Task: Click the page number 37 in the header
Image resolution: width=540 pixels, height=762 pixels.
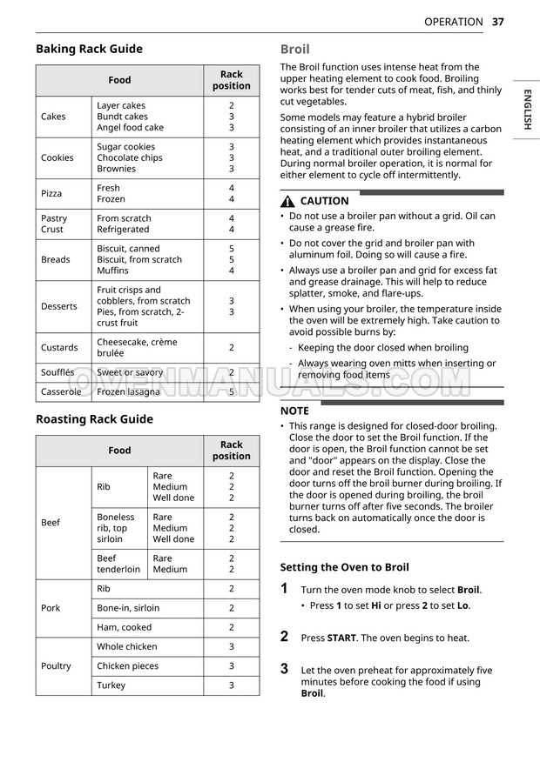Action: point(497,22)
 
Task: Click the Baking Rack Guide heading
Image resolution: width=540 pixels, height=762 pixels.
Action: point(89,49)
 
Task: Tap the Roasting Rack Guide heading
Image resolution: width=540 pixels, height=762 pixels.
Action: point(94,419)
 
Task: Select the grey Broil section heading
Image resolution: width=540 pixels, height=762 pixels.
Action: point(294,50)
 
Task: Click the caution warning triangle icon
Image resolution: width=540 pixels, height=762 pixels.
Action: point(288,201)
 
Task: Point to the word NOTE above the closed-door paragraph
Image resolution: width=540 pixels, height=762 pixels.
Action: point(294,411)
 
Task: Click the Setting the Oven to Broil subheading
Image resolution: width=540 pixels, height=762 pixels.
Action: point(344,567)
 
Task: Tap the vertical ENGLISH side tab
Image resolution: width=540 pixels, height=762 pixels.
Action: point(526,109)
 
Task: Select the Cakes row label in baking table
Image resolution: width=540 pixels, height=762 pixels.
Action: point(53,117)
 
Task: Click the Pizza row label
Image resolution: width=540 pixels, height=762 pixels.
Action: point(51,193)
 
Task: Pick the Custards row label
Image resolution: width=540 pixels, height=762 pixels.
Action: point(59,348)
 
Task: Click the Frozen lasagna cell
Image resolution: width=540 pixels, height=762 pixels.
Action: point(129,392)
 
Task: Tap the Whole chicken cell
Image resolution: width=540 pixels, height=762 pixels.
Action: point(127,647)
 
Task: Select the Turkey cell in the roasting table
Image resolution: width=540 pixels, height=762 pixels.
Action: point(111,685)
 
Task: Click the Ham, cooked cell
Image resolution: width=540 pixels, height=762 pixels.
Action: point(124,627)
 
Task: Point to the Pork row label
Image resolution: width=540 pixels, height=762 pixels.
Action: point(51,608)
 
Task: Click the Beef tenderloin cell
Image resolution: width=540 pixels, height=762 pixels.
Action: point(118,564)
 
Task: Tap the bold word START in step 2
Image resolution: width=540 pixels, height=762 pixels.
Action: point(341,638)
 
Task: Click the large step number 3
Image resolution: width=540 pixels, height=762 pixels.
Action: point(284,669)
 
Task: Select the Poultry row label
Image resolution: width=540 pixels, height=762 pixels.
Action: point(56,666)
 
